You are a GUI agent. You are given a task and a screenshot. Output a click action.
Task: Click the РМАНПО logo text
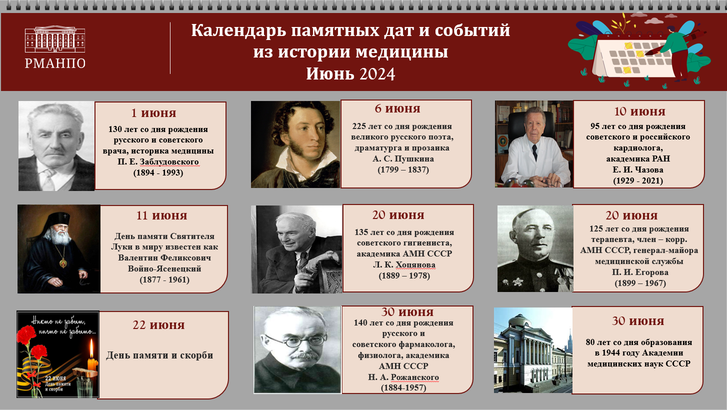[x=55, y=63]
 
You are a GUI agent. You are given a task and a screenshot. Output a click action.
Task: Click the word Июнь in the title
[x=330, y=74]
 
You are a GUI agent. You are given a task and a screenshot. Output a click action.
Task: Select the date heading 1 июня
[x=153, y=113]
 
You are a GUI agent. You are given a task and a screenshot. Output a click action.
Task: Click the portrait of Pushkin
[x=295, y=144]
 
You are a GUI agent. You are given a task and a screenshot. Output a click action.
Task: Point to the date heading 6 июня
[x=397, y=108]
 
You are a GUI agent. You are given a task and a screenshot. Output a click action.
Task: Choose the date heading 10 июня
[x=639, y=111]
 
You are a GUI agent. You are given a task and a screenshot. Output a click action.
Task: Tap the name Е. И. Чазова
[x=638, y=170]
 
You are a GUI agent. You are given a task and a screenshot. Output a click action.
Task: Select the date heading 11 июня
[x=161, y=216]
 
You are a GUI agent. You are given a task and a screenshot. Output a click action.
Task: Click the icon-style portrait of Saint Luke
[x=58, y=248]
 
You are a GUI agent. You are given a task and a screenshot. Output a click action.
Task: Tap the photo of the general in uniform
[x=534, y=248]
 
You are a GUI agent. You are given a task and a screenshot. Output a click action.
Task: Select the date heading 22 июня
[x=158, y=325]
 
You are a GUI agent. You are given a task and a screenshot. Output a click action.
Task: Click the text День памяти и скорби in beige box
[x=159, y=355]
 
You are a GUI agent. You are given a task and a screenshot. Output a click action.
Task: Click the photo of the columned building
[x=532, y=350]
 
